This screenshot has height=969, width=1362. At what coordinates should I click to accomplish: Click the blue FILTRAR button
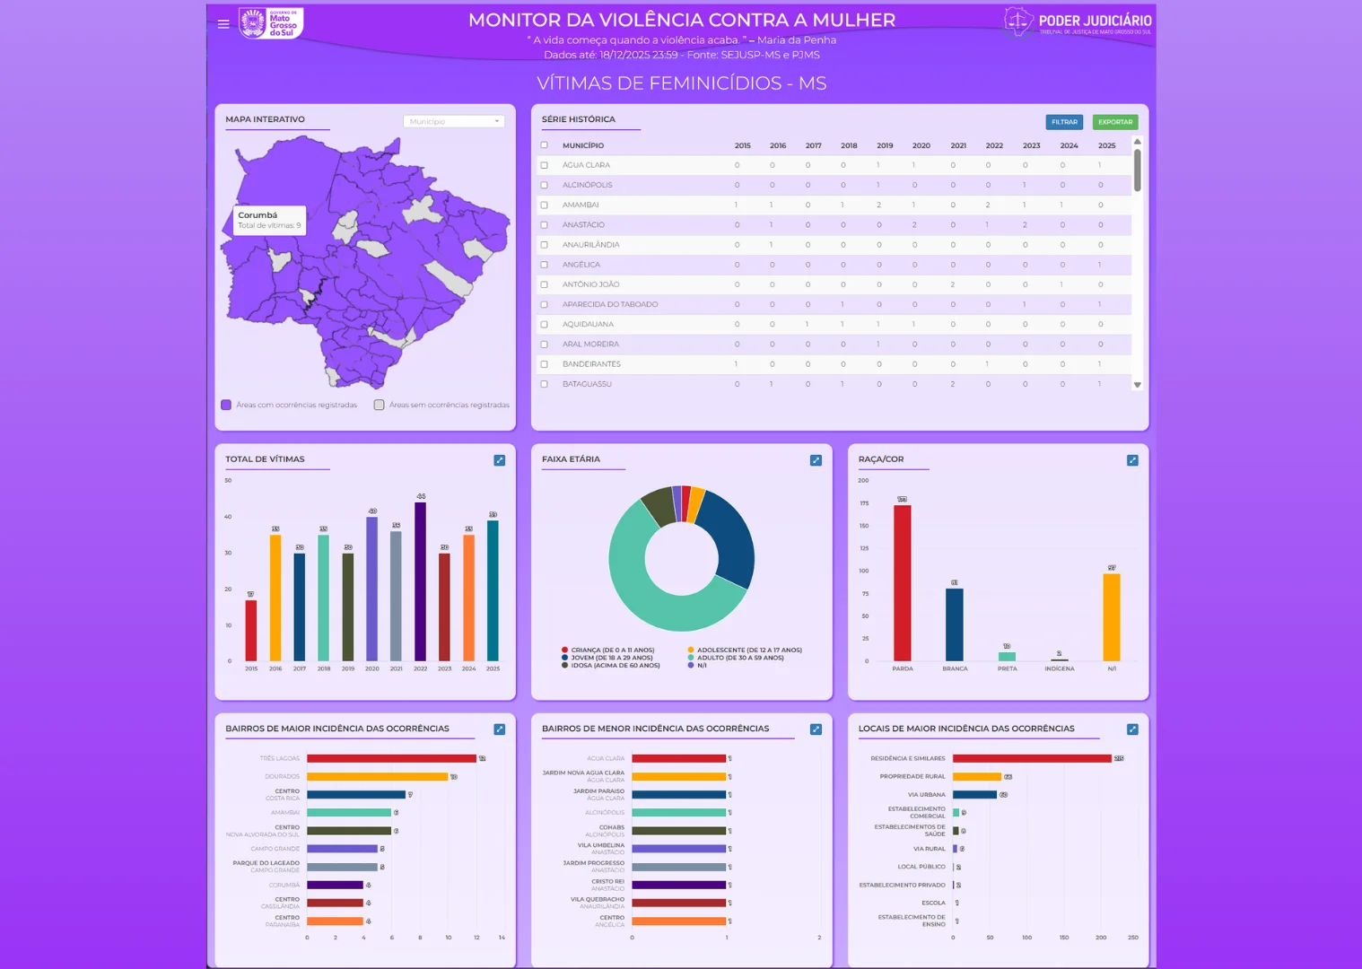click(x=1064, y=122)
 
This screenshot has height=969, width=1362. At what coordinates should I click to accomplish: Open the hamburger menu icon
click(x=223, y=24)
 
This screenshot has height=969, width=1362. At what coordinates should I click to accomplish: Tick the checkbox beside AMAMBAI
click(x=544, y=205)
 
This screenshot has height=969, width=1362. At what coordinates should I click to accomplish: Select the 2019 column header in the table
click(x=885, y=145)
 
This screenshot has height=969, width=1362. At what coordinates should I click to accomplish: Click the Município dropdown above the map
click(x=454, y=121)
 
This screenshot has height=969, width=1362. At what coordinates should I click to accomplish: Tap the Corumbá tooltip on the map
click(x=269, y=220)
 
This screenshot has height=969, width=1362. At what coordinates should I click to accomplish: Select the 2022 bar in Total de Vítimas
click(x=420, y=581)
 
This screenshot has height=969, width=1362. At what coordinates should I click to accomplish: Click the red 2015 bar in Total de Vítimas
click(x=251, y=630)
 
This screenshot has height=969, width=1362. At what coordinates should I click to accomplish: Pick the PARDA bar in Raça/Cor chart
click(x=902, y=583)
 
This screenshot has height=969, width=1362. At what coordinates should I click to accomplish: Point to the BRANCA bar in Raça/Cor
click(x=955, y=624)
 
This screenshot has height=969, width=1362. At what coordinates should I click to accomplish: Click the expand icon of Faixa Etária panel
click(x=816, y=460)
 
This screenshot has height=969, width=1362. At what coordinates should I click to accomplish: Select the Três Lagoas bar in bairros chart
click(x=391, y=759)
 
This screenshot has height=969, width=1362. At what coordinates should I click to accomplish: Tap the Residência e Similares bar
click(x=1032, y=759)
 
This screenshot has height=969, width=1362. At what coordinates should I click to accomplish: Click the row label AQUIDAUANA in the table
click(x=588, y=325)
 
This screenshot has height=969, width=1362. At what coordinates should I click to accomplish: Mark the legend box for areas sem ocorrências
click(x=380, y=405)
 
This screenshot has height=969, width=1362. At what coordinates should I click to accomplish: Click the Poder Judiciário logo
click(x=1078, y=22)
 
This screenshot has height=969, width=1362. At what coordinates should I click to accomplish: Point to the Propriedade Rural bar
click(x=976, y=777)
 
